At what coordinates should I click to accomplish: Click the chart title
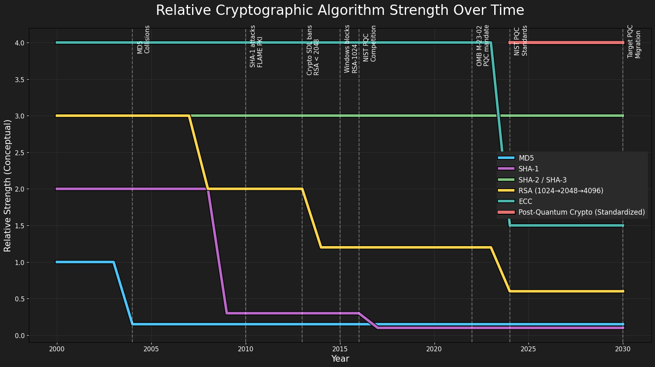point(340,10)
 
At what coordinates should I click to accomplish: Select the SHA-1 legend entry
point(528,169)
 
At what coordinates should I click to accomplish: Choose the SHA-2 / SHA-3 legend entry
point(542,180)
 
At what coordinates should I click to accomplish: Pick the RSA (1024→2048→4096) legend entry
point(561,191)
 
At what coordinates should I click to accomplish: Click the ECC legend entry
point(526,201)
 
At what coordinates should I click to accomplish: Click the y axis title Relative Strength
point(8,186)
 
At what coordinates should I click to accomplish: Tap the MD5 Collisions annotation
point(143,40)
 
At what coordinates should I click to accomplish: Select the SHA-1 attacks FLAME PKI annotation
point(256,46)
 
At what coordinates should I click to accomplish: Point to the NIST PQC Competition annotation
point(370,43)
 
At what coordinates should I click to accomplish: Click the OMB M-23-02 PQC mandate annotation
point(483,45)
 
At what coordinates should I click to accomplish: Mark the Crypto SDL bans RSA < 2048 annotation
point(313,50)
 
